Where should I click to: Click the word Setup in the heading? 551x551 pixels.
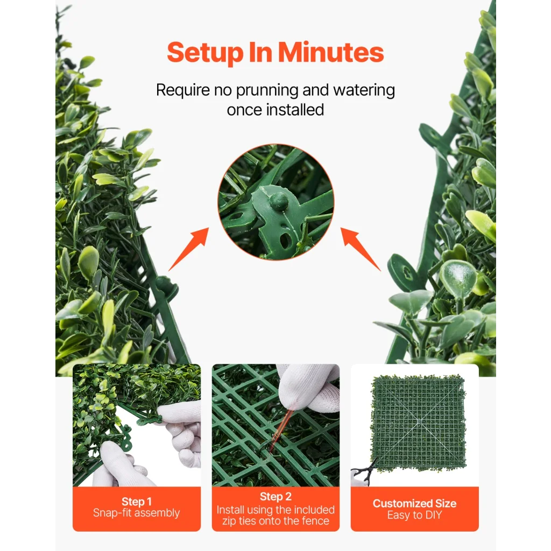(205, 53)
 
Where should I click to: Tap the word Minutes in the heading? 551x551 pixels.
(331, 52)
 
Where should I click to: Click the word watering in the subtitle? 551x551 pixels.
(364, 90)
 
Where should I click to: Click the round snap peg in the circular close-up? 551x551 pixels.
(278, 201)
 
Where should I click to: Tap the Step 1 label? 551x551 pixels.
(137, 501)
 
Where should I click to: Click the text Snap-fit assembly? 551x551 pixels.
(136, 513)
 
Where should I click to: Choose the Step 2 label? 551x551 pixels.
(276, 497)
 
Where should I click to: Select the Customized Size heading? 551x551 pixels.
(415, 504)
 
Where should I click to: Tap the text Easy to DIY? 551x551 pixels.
(415, 515)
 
